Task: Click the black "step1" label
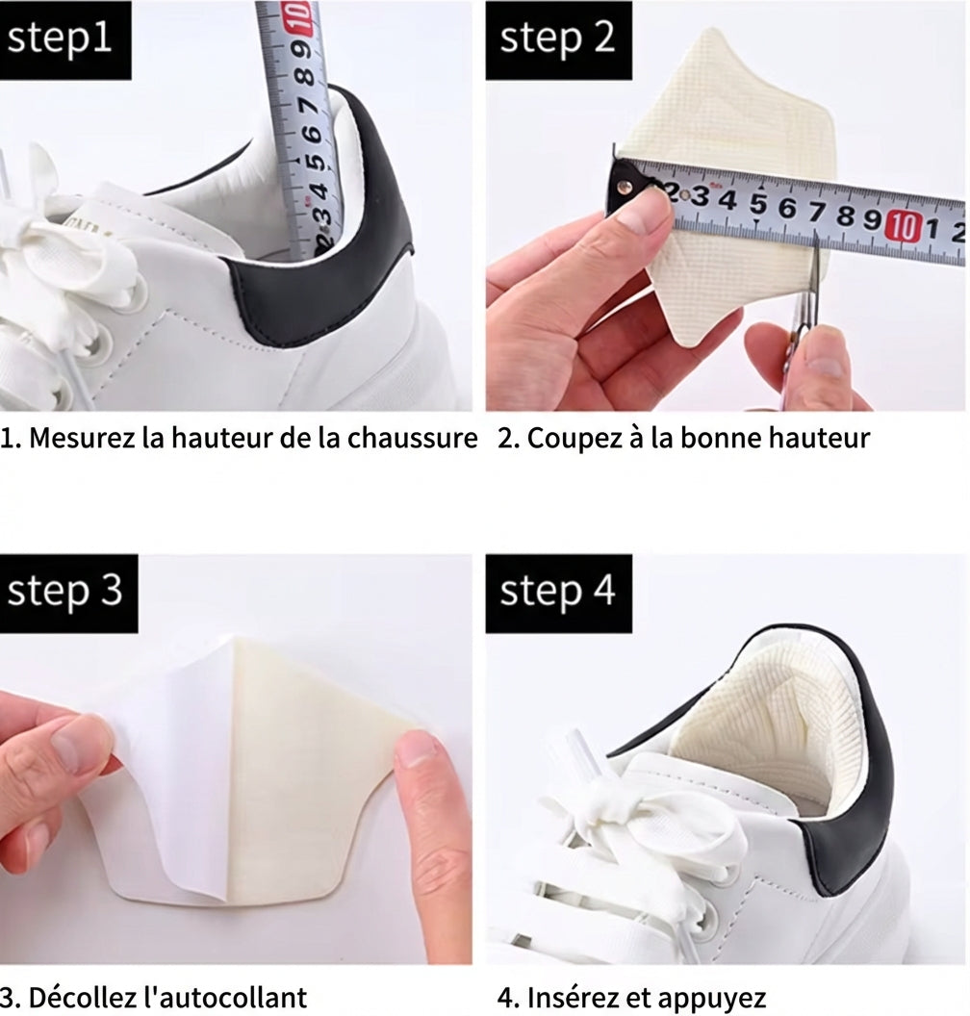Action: pyautogui.click(x=65, y=40)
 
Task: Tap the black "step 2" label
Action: pyautogui.click(x=558, y=40)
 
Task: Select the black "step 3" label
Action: pyautogui.click(x=68, y=593)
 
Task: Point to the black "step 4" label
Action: pyautogui.click(x=558, y=593)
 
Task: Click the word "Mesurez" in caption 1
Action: pyautogui.click(x=83, y=439)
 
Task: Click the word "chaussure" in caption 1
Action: pyautogui.click(x=413, y=439)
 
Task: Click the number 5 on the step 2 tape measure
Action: pyautogui.click(x=757, y=204)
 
